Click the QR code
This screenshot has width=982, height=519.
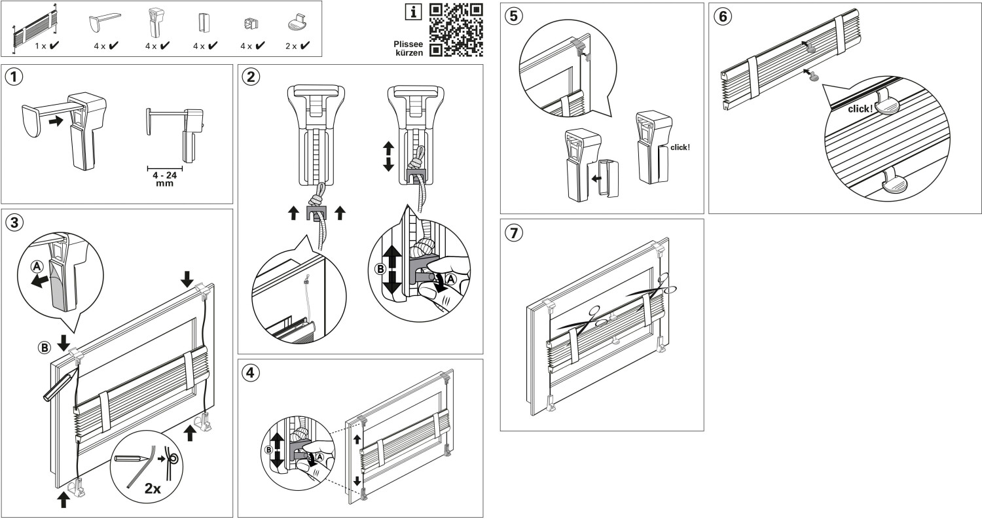(x=456, y=30)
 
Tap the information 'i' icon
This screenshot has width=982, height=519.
(x=413, y=12)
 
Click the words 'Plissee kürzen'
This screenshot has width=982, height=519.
(x=409, y=48)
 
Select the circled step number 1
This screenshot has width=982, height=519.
(x=14, y=77)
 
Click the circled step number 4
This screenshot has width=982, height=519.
(x=250, y=373)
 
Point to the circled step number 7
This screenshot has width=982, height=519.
(x=514, y=232)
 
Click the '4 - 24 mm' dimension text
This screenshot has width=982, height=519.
(x=165, y=179)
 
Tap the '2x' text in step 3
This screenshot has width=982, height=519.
(x=153, y=488)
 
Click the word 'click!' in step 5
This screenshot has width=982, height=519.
(x=680, y=147)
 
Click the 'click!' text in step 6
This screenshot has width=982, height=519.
(x=860, y=109)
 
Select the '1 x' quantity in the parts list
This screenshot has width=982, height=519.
(x=41, y=46)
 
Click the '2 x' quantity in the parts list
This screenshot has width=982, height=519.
(x=291, y=46)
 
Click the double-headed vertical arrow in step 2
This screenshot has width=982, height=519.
(x=388, y=156)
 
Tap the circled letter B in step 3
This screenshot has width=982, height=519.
(x=45, y=348)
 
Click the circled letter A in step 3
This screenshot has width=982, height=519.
(x=37, y=266)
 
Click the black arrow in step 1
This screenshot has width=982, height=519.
(x=56, y=120)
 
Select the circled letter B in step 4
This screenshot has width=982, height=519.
(x=269, y=450)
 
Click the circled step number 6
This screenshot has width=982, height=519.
(x=723, y=16)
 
